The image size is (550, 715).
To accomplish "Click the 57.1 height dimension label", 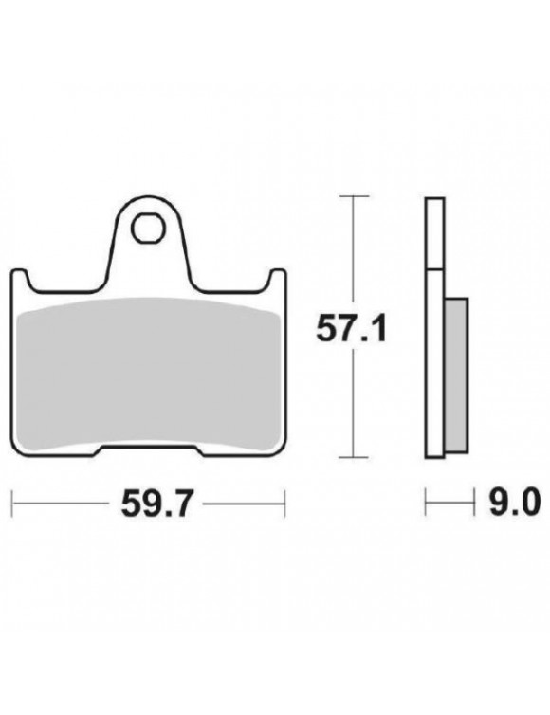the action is tap(351, 330).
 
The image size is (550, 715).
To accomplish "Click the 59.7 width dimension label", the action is tap(156, 504).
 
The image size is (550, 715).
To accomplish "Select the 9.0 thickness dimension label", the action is tap(514, 502).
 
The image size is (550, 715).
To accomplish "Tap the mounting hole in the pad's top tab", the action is tap(148, 229).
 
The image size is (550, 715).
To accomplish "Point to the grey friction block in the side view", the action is tap(455, 376).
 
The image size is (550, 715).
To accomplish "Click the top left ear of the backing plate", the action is tap(22, 279).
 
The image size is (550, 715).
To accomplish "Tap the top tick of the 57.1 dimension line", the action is tap(354, 196).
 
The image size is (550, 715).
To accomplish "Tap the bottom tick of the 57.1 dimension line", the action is tap(354, 456).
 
